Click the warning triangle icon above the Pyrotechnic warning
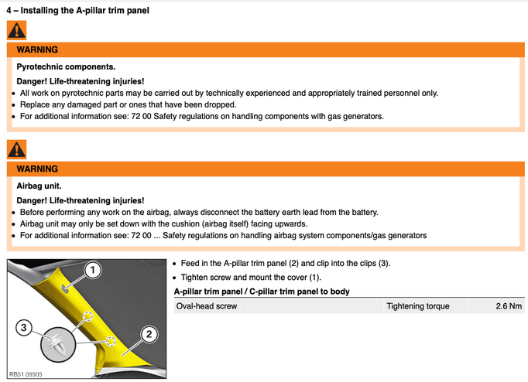[16, 30]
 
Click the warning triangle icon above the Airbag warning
[16, 149]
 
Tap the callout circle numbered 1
[93, 270]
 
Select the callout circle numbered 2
[149, 334]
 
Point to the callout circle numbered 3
[23, 328]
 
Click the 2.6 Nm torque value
[509, 306]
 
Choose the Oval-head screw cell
[207, 306]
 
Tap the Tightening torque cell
[418, 306]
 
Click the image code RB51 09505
[26, 374]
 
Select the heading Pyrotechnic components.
[66, 67]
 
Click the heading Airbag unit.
[39, 186]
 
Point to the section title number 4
[9, 10]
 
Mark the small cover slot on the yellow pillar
[66, 288]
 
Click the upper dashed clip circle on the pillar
[88, 316]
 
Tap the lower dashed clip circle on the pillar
[111, 341]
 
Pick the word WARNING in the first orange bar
[37, 49]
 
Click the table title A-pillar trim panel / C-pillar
[262, 292]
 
